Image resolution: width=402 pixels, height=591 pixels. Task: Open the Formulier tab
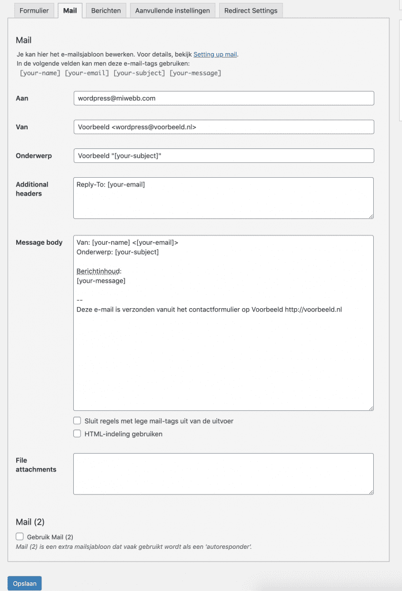[x=34, y=10]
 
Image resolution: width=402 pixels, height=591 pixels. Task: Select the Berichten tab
[x=106, y=10]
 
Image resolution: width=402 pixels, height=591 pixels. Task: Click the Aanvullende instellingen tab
[x=173, y=10]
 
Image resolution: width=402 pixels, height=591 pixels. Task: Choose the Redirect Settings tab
[x=250, y=10]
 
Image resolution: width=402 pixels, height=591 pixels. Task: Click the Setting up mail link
[x=215, y=54]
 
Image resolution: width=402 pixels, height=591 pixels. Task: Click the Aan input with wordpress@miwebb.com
[x=224, y=98]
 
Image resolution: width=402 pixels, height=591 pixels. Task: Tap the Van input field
[x=224, y=127]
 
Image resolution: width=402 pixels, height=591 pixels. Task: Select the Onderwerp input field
[x=224, y=156]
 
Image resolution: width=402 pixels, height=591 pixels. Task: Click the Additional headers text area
[x=223, y=198]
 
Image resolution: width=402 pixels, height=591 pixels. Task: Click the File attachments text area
[x=223, y=474]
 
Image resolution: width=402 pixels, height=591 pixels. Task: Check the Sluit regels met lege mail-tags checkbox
[x=77, y=421]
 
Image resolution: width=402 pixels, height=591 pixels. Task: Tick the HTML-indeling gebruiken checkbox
[x=77, y=433]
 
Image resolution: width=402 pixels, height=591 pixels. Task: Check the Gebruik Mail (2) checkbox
[x=20, y=536]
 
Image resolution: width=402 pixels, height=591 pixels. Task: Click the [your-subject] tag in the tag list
[x=139, y=73]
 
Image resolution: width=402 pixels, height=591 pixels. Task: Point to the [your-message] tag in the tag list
[x=195, y=73]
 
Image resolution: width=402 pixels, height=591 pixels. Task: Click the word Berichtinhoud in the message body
[x=99, y=271]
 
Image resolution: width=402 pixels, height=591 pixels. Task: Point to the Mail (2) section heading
[x=30, y=522]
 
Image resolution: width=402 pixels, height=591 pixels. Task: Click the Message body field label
[x=39, y=242]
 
